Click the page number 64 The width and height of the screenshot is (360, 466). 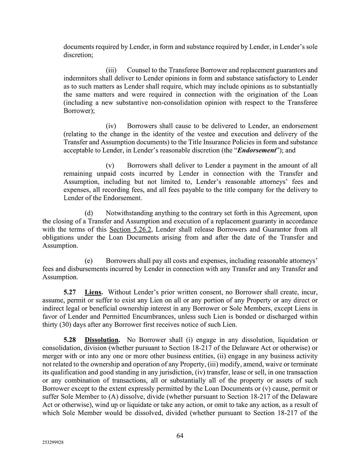pyautogui.click(x=180, y=436)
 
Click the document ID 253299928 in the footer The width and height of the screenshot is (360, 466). pyautogui.click(x=53, y=443)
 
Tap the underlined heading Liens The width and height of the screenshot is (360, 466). pyautogui.click(x=93, y=292)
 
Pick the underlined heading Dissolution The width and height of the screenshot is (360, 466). pyautogui.click(x=102, y=340)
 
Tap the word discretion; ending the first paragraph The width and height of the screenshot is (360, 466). pyautogui.click(x=78, y=55)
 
